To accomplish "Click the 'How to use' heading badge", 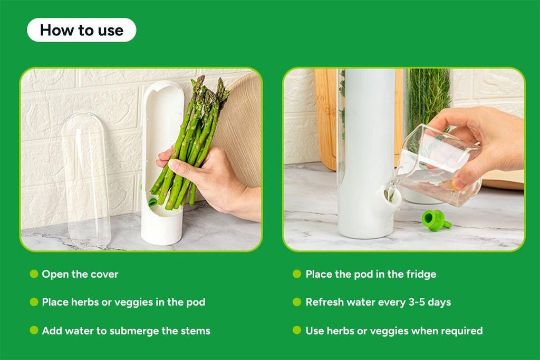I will coord(81,30).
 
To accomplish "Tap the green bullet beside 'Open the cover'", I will coord(34,274).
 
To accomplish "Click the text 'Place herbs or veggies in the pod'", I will coord(123,303).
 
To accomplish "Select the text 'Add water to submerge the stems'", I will coord(126,331).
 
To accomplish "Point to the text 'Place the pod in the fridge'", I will coord(371,274).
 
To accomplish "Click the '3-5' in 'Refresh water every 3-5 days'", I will coord(416,303).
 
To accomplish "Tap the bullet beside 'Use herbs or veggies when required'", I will coord(297,331).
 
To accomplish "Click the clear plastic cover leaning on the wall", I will coord(85,179).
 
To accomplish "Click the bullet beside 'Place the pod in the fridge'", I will coord(297,274).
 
